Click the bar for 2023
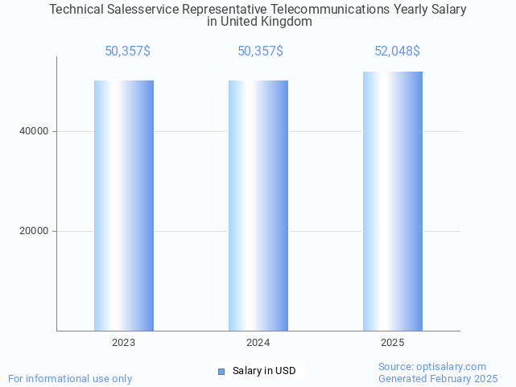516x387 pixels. [x=124, y=205]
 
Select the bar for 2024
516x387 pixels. [x=258, y=205]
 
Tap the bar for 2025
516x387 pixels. [x=393, y=201]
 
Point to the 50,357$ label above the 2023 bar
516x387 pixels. [x=127, y=51]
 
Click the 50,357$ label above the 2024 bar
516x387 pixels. [x=260, y=51]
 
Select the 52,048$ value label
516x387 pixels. [x=397, y=51]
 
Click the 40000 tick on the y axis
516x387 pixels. [x=34, y=131]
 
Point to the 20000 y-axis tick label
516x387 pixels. [x=34, y=231]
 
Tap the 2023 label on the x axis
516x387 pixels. [x=124, y=343]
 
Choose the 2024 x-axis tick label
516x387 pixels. [x=258, y=343]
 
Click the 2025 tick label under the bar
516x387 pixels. [x=393, y=343]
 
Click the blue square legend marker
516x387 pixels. [x=221, y=371]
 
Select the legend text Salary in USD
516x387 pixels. [x=264, y=371]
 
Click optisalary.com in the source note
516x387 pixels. [x=452, y=366]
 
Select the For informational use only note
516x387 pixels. [x=70, y=378]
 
